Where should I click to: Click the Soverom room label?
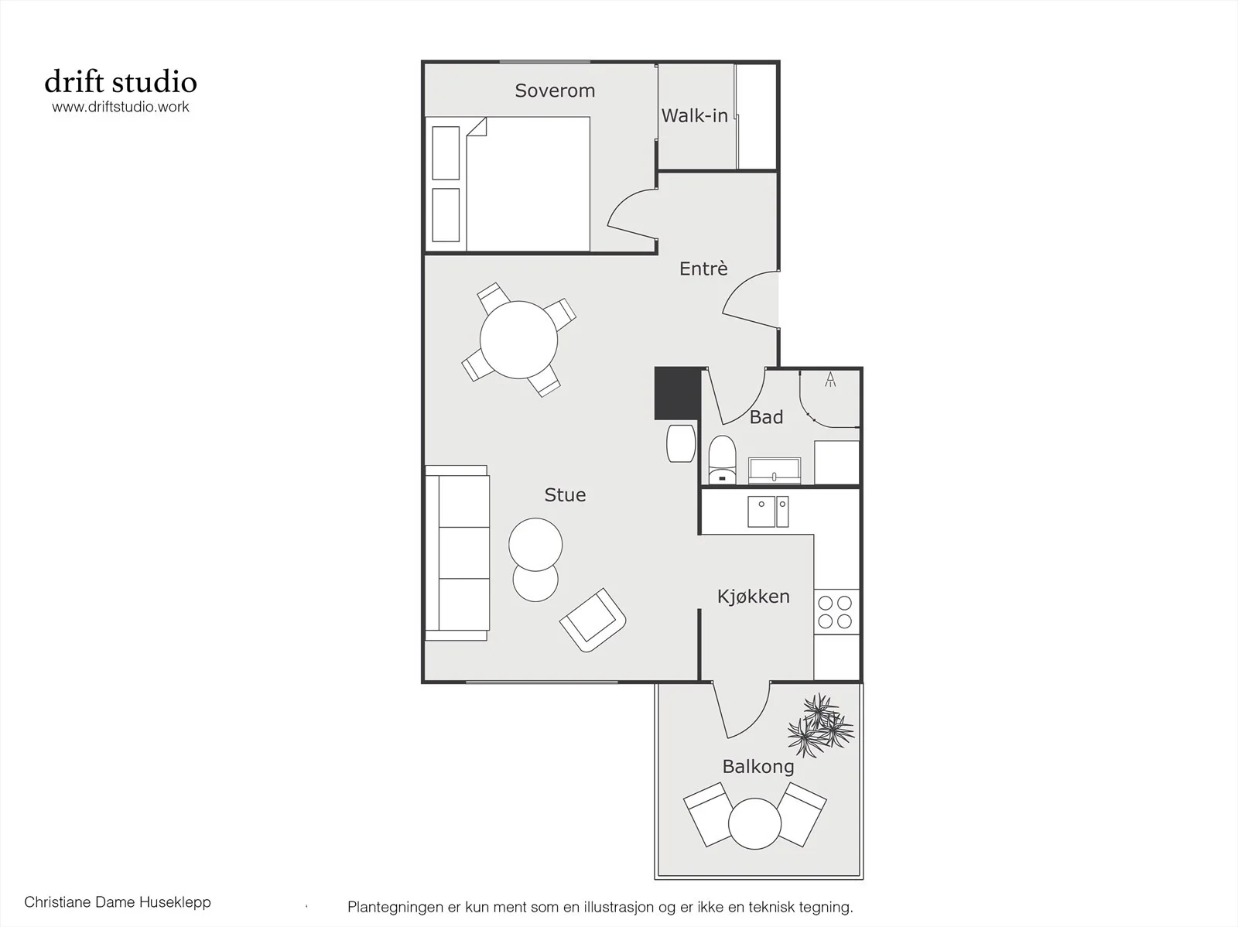point(555,91)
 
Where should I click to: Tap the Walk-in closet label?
point(694,115)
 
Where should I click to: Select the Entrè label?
point(703,269)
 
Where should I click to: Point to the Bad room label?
point(767,417)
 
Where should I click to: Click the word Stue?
point(565,495)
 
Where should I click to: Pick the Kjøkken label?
point(754,597)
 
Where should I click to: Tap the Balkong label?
point(758,767)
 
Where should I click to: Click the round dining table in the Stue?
point(519,340)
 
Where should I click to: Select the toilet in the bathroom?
point(723,460)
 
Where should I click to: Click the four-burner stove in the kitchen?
point(836,612)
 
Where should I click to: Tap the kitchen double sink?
point(768,511)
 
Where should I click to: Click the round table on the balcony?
point(754,824)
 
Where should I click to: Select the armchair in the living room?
point(593,621)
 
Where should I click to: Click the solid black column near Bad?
point(677,394)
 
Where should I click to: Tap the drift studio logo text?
point(121,82)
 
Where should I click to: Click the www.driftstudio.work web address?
point(121,107)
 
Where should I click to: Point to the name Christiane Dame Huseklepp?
point(118,902)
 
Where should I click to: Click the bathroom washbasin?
point(775,470)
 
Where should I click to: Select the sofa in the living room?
point(457,553)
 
